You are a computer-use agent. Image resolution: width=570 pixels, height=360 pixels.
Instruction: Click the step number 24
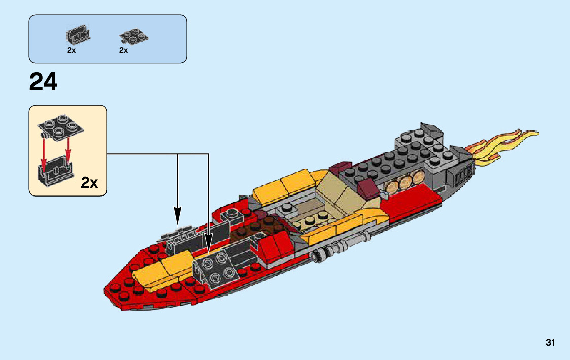coord(44,82)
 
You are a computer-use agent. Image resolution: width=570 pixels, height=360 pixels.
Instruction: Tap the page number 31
coord(550,343)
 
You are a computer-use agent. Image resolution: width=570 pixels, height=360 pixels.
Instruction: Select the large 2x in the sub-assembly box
coord(89,183)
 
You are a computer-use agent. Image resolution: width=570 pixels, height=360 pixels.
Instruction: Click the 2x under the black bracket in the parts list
coord(71,50)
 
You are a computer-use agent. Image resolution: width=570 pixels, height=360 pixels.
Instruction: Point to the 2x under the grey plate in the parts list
coord(123,50)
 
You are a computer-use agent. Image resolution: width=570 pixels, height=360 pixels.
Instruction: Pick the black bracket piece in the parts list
coord(79,35)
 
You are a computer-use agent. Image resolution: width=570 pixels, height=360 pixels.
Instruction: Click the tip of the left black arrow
coord(178,224)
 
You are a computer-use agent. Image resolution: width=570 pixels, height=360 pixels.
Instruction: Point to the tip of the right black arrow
coord(209,252)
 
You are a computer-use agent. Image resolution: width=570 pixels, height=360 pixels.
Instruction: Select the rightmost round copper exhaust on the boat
coord(419,177)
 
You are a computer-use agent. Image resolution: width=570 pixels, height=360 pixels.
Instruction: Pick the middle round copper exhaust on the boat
coord(407,182)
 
